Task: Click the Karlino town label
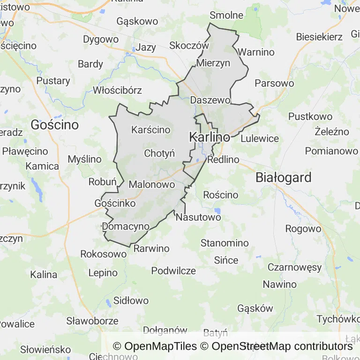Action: (x=210, y=137)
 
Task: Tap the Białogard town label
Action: (x=284, y=178)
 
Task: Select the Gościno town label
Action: (x=54, y=125)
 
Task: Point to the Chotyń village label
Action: (x=159, y=153)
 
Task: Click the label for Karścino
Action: (x=151, y=130)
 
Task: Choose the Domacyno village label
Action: (x=126, y=226)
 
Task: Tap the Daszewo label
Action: (x=210, y=100)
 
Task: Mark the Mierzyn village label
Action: (x=214, y=63)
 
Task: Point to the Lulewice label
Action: (x=259, y=139)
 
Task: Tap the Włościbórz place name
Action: (x=117, y=90)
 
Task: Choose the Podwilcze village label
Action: (x=173, y=271)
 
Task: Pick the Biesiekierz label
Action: (x=319, y=37)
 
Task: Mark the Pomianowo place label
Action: (x=331, y=151)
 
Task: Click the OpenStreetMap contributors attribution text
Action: (x=282, y=346)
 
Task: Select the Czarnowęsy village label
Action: (x=294, y=268)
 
